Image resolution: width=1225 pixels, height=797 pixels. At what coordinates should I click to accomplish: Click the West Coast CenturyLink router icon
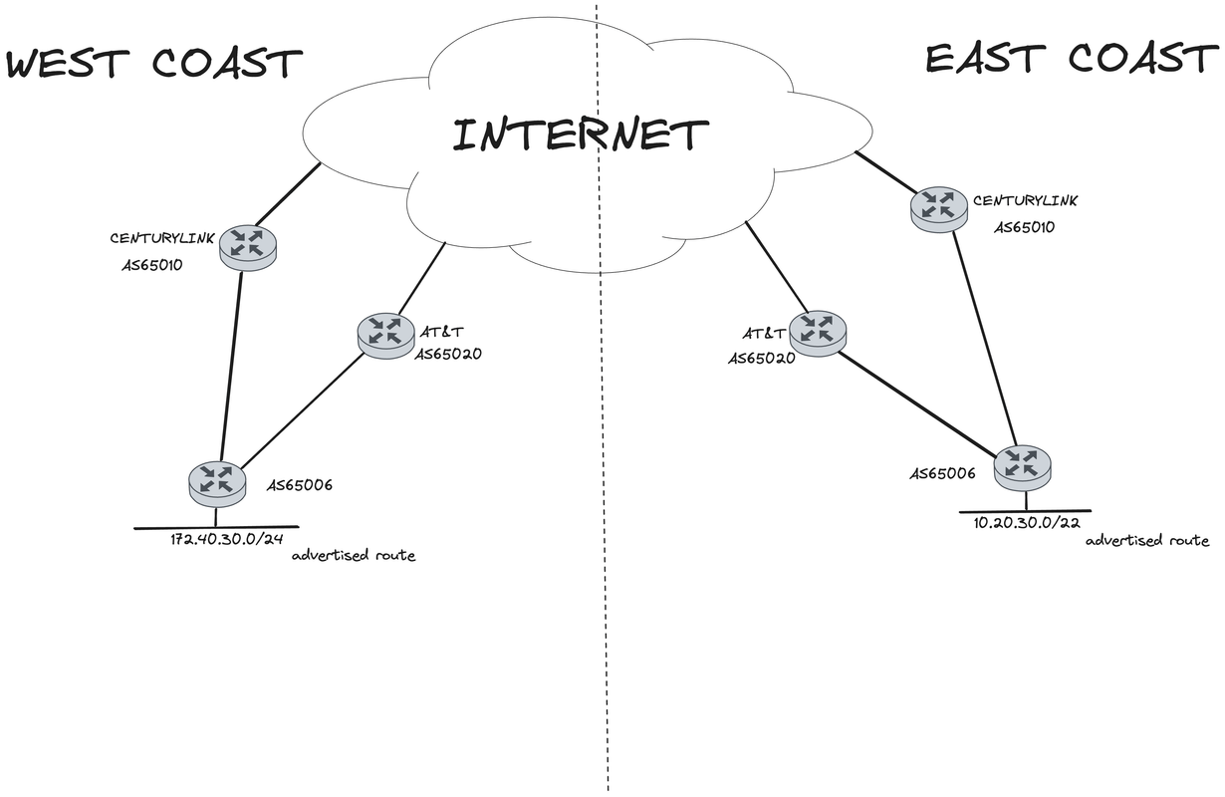(x=247, y=245)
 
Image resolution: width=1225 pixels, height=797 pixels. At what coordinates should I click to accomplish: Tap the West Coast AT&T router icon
(x=385, y=333)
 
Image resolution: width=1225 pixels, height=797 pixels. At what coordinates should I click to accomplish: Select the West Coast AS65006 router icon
(x=216, y=481)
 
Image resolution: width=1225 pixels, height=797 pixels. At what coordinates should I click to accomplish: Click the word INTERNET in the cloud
(x=581, y=134)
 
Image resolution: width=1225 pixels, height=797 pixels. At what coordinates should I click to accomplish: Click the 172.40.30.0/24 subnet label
(x=227, y=540)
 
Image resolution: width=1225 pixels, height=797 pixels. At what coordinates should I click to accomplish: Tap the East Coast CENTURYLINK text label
(x=1025, y=201)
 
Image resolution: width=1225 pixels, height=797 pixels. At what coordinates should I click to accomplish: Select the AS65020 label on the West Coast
(x=448, y=354)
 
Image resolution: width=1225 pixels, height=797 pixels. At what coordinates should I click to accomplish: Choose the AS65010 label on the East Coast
(x=1025, y=227)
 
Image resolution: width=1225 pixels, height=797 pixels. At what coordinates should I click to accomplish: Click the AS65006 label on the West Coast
(x=299, y=486)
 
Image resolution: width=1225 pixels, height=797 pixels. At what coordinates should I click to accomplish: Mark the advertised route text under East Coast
(x=1146, y=541)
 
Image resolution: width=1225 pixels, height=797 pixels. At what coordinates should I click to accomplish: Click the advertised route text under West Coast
(x=354, y=556)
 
